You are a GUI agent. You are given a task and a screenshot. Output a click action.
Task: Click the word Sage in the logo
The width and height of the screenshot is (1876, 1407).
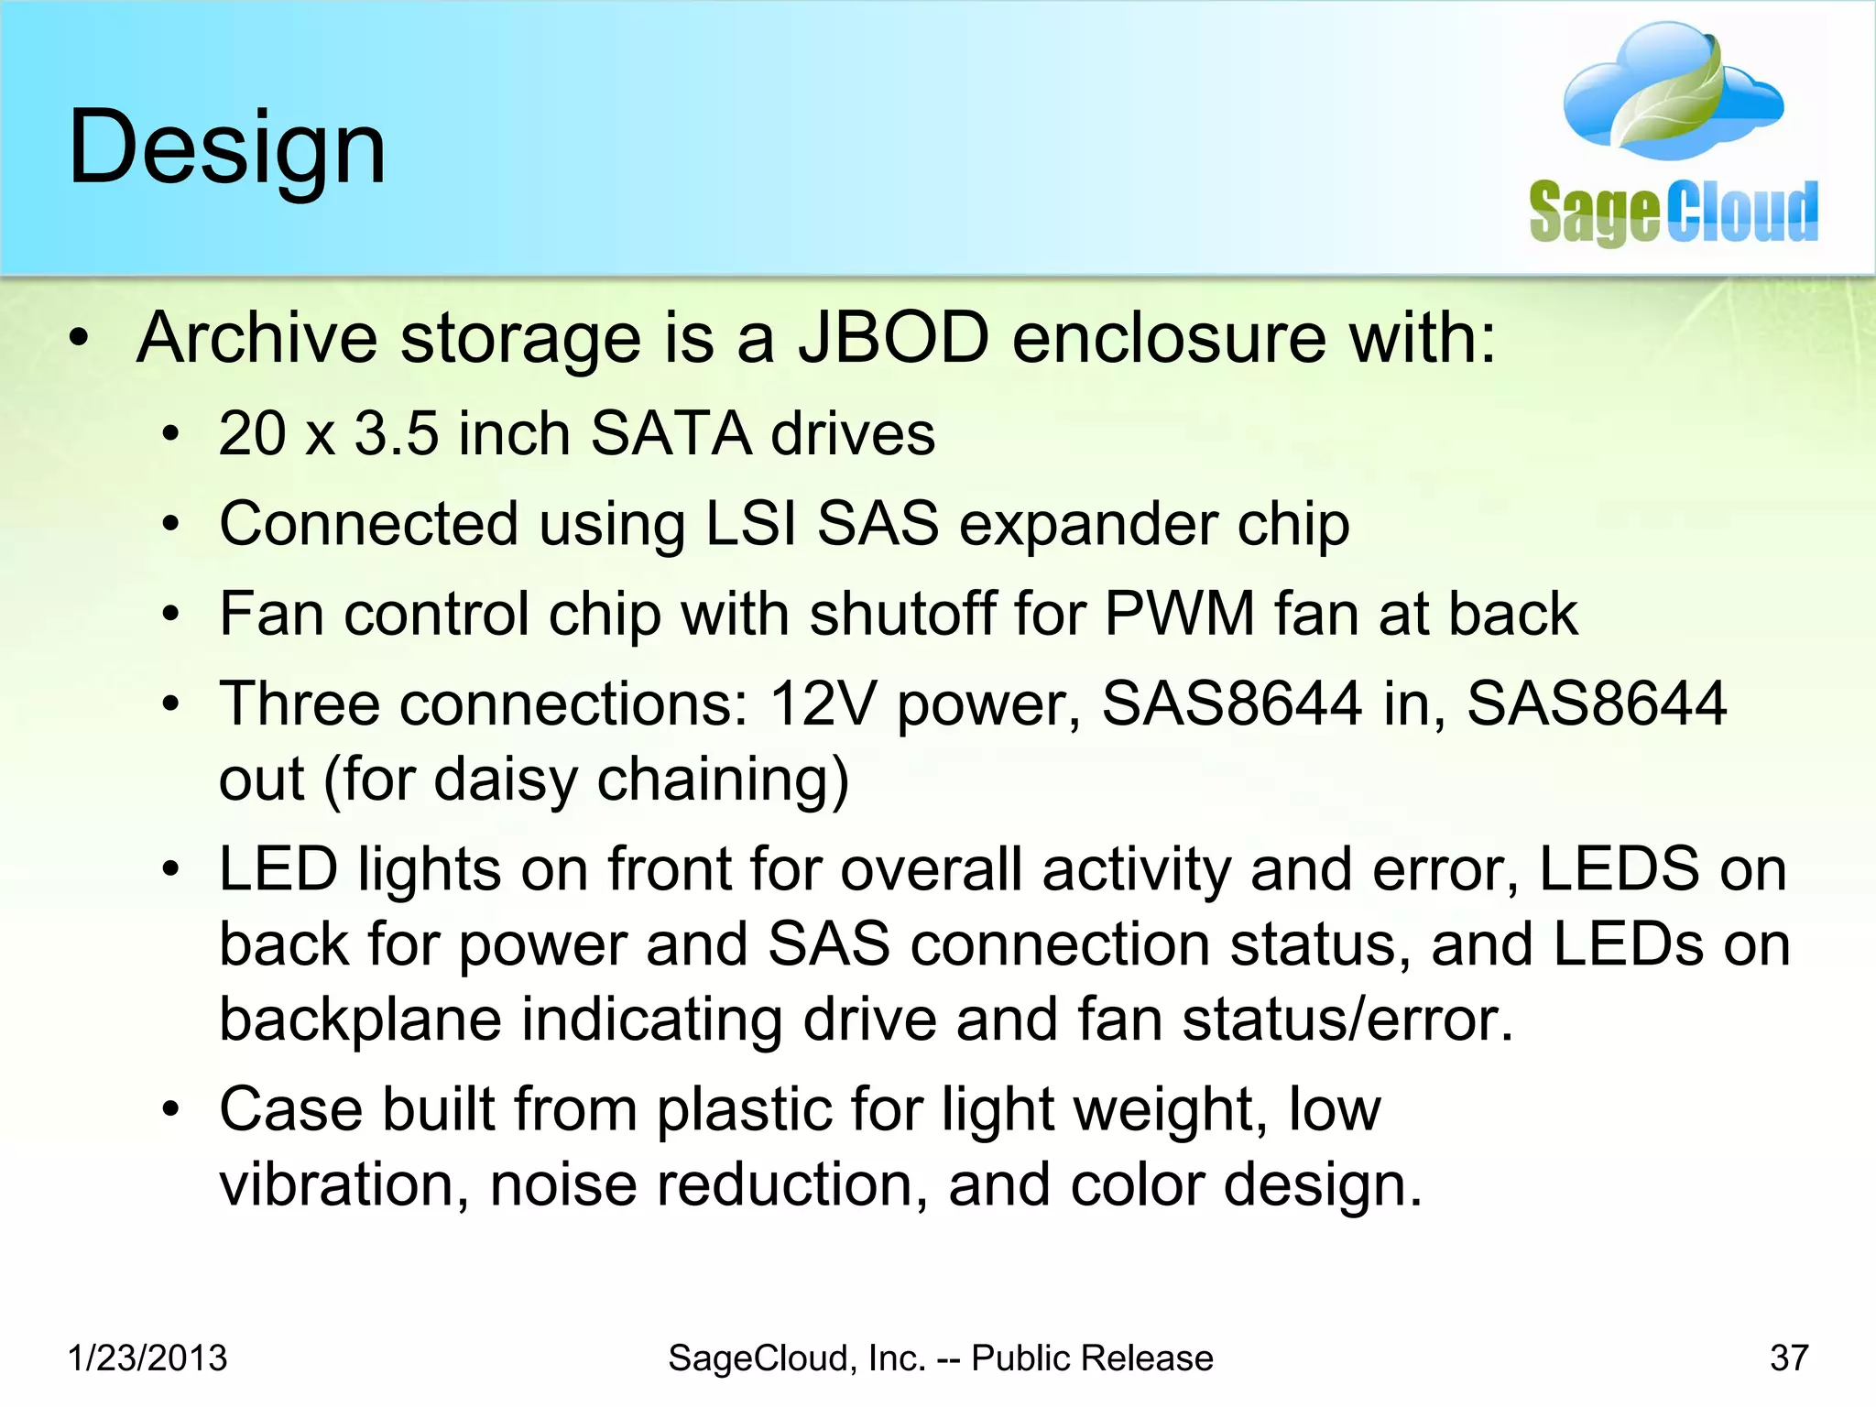point(1595,213)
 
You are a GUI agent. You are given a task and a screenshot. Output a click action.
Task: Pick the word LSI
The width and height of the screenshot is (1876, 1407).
point(750,524)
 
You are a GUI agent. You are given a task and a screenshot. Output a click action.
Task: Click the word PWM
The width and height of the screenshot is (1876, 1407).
point(1180,613)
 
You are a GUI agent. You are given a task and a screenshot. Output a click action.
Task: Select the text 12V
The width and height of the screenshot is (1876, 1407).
point(823,703)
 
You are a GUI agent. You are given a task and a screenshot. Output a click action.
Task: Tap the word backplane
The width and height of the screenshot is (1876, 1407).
point(360,1020)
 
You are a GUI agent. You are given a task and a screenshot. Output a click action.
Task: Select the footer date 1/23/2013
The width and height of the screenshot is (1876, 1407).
point(147,1358)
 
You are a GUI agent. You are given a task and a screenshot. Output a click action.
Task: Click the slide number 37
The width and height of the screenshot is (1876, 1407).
point(1789,1358)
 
